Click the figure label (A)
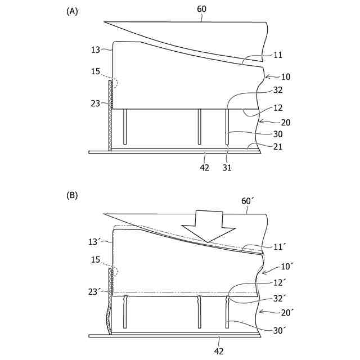[x=72, y=11]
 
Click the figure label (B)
[x=72, y=195]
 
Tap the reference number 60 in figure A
[x=201, y=9]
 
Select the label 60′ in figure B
[x=247, y=201]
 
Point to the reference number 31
[x=227, y=168]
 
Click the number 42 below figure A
[x=205, y=168]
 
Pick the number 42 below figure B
[x=218, y=352]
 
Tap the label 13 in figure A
[x=95, y=50]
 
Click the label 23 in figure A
[x=95, y=103]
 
